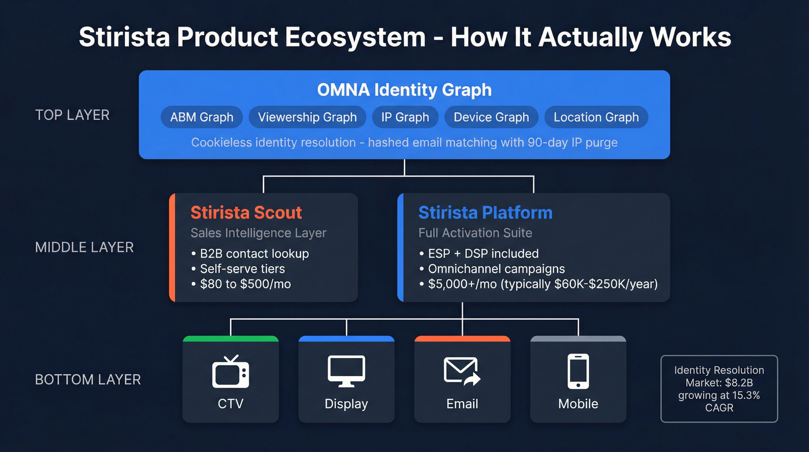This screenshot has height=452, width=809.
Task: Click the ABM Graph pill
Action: click(x=202, y=117)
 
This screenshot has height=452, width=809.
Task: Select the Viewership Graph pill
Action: click(x=307, y=117)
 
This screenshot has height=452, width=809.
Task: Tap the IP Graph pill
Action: click(x=404, y=117)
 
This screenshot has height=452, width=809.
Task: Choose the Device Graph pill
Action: click(x=491, y=117)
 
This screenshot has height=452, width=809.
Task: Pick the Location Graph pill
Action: click(x=596, y=117)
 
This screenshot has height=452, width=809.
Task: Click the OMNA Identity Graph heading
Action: click(x=404, y=90)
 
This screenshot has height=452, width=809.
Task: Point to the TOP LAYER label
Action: click(x=72, y=115)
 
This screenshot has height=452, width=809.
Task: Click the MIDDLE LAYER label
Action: click(x=84, y=248)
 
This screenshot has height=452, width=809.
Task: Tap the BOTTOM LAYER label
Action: click(x=88, y=380)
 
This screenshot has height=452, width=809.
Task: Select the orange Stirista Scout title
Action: click(x=246, y=212)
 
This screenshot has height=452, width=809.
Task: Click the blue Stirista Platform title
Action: click(x=485, y=212)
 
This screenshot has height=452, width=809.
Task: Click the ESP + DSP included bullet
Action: click(x=480, y=253)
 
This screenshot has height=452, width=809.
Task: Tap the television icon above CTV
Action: click(x=231, y=372)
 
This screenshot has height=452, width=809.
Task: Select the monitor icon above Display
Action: click(x=346, y=371)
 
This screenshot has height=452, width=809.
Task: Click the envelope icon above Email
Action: click(x=462, y=371)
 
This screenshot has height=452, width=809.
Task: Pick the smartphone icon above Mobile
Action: click(x=578, y=371)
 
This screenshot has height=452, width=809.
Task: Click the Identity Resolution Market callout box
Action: click(x=719, y=388)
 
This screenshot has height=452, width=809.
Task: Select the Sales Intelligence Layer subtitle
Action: click(x=258, y=233)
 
